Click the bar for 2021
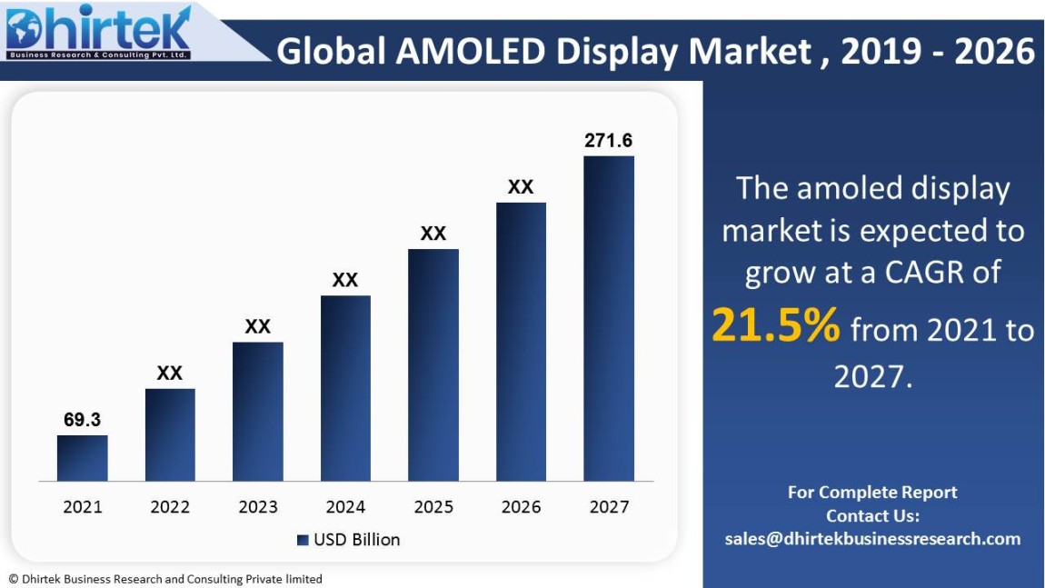[x=82, y=458]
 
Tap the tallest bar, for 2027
[x=609, y=318]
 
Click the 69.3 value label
[x=82, y=420]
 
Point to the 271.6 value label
[x=609, y=141]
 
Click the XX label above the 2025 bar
[x=433, y=234]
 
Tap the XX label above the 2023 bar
[x=258, y=326]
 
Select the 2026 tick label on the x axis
[x=521, y=507]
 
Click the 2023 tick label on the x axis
[x=258, y=507]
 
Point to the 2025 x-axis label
[x=433, y=507]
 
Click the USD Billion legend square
[x=303, y=540]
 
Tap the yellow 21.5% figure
[x=775, y=326]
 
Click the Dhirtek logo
[x=98, y=33]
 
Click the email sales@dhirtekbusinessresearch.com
[x=872, y=539]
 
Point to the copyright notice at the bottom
[x=165, y=579]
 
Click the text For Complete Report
[x=872, y=493]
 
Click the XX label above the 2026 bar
[x=521, y=187]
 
